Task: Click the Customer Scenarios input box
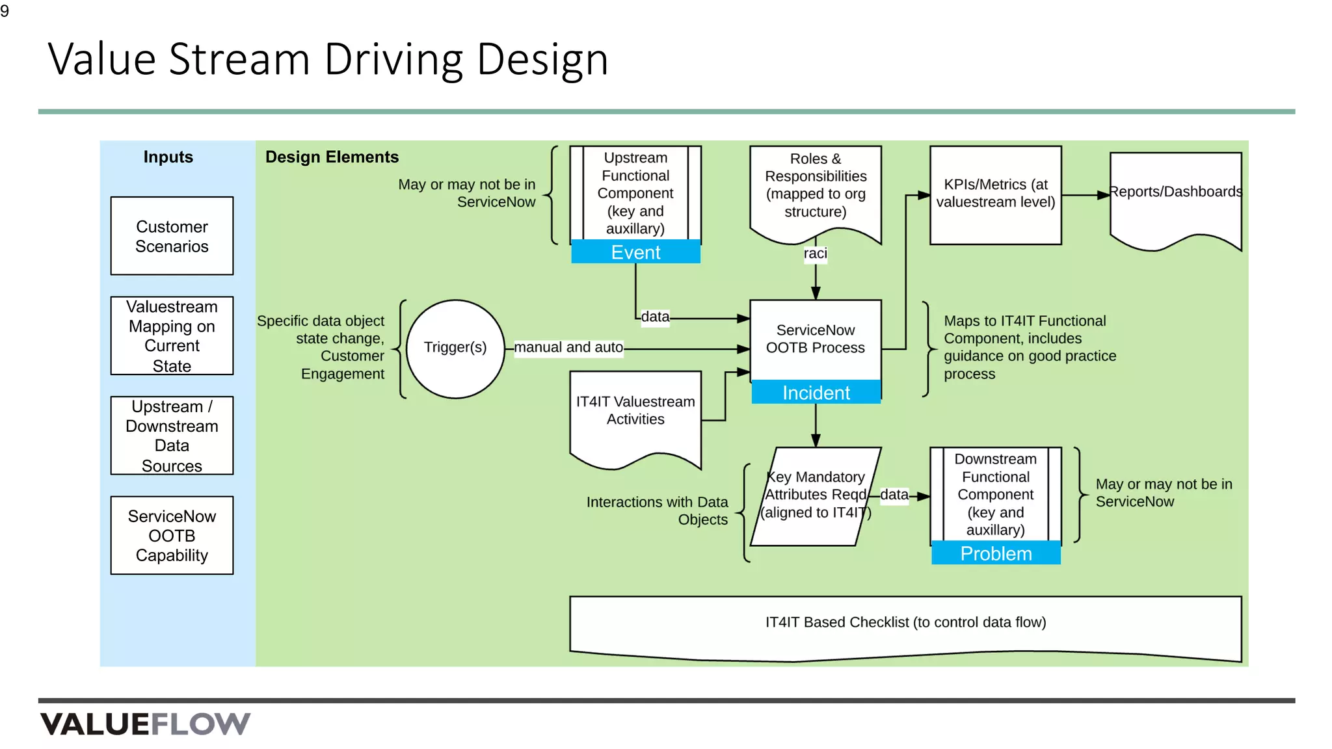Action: point(172,236)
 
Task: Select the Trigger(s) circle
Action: point(455,348)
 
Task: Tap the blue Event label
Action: point(635,252)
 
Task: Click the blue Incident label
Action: point(816,393)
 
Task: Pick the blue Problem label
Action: point(996,554)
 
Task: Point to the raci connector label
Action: point(815,254)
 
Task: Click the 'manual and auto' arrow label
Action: point(568,348)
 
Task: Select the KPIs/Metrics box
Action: point(996,194)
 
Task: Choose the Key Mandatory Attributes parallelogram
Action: point(816,495)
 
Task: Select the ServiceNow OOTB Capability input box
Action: point(172,536)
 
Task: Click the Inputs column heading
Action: point(168,157)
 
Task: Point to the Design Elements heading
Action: point(332,157)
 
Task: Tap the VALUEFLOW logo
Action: point(145,724)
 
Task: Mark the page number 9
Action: point(5,11)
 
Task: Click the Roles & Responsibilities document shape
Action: point(816,189)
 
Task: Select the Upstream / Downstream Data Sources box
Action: point(172,436)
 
